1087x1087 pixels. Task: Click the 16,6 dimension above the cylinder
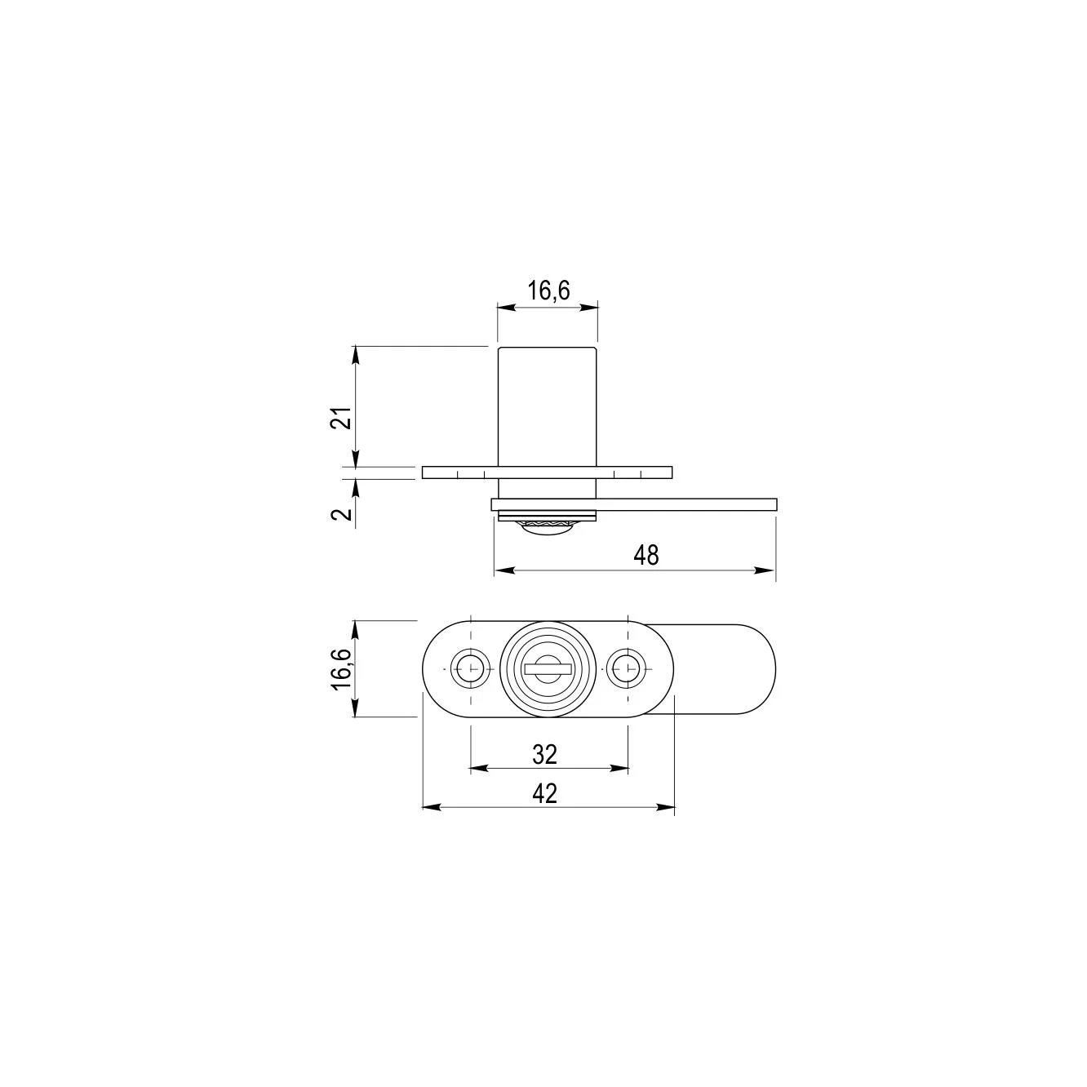point(548,291)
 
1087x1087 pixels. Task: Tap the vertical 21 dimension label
point(341,418)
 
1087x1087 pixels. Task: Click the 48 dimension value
point(646,556)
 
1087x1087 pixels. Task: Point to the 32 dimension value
point(545,754)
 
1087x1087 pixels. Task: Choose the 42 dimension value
point(545,794)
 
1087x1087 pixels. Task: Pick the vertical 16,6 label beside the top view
point(342,669)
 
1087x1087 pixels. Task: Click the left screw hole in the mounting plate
point(470,668)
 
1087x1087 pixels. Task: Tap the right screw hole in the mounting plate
point(628,668)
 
